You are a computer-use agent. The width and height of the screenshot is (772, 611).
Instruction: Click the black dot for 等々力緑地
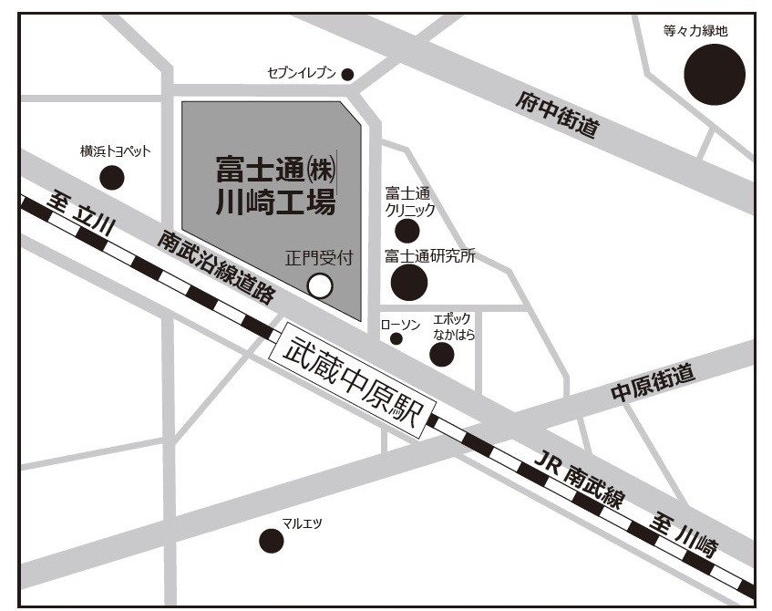pos(715,75)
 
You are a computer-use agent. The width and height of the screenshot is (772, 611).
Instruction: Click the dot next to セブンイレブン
pos(347,75)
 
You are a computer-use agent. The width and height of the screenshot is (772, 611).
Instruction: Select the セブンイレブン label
pos(302,73)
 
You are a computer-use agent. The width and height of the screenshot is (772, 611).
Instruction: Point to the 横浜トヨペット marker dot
pos(112,177)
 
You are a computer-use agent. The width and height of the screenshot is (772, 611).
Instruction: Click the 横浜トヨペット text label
pos(115,151)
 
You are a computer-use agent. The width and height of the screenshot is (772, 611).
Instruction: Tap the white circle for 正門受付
pos(320,285)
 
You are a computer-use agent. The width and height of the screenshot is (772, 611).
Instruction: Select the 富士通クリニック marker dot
pos(407,231)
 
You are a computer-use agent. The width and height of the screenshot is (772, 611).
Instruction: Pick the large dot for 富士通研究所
pos(409,283)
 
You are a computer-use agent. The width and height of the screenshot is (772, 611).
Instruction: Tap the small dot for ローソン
pos(396,338)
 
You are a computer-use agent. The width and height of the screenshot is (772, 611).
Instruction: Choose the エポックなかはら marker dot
pos(442,354)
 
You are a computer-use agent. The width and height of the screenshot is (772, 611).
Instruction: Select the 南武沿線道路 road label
pos(216,267)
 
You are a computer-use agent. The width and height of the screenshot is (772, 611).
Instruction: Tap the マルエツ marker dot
pos(272,542)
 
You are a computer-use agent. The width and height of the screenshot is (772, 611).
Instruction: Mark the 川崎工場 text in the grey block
pos(275,200)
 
